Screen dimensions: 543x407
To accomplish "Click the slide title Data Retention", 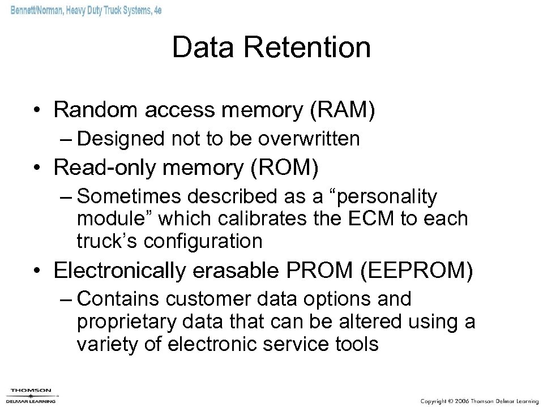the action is [x=271, y=48].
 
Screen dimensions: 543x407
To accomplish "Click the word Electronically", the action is [x=119, y=271].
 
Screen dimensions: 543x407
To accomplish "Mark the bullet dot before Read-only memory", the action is [x=38, y=168].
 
